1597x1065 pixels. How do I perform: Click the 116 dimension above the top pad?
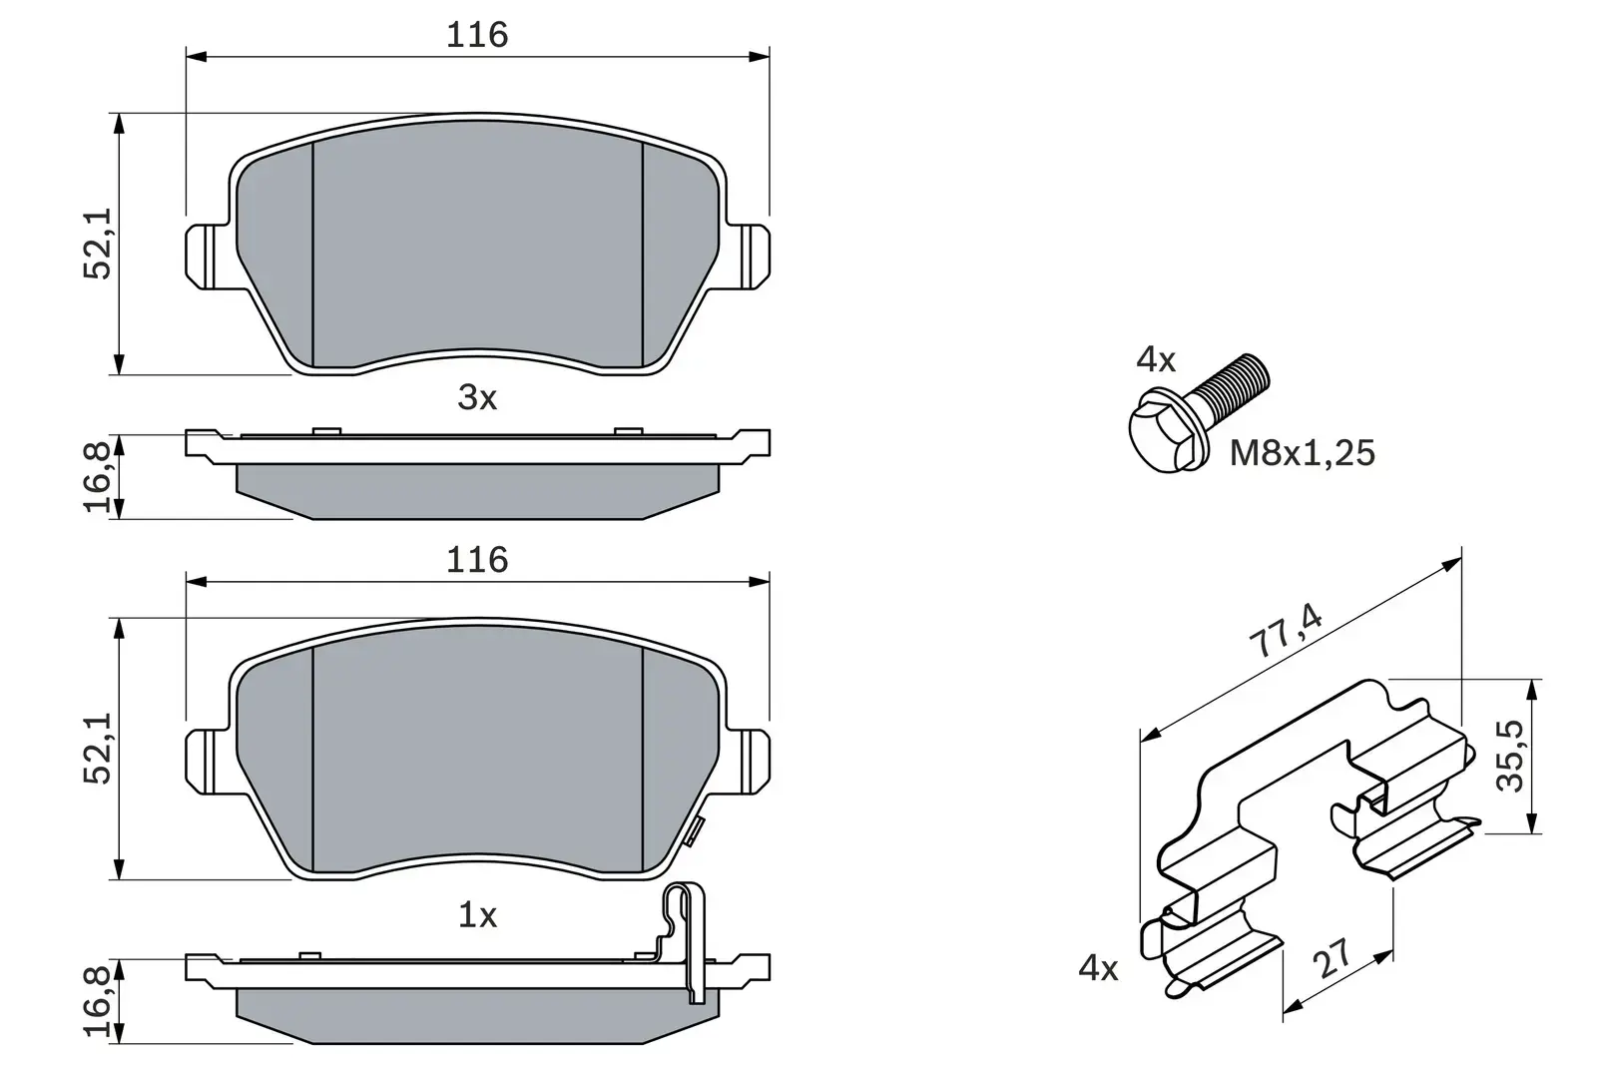(476, 35)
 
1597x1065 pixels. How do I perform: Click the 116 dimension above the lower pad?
(476, 560)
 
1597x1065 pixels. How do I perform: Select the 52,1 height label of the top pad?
(99, 244)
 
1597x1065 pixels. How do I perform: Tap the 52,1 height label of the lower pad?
(99, 749)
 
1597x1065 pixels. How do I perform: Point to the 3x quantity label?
(476, 398)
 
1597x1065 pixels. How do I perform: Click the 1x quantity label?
(476, 915)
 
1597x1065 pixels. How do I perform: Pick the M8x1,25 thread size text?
(1302, 453)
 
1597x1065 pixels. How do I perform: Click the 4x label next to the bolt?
(1156, 360)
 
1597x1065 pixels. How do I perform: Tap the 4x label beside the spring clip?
(1098, 967)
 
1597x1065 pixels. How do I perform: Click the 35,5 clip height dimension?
(1512, 757)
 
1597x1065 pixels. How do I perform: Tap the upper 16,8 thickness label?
(99, 477)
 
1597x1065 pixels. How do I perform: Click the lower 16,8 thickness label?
(99, 1002)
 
